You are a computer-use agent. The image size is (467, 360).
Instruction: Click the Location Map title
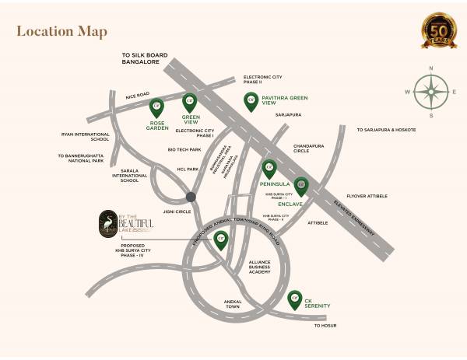click(61, 32)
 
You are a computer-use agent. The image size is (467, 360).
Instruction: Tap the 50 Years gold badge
click(438, 32)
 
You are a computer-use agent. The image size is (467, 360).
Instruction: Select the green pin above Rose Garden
click(156, 107)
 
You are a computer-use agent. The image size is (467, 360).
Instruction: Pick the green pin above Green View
click(189, 102)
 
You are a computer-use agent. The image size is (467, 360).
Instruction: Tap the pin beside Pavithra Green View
click(251, 100)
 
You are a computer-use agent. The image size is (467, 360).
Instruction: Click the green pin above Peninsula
click(269, 168)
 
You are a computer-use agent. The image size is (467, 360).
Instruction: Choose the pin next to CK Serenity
click(295, 298)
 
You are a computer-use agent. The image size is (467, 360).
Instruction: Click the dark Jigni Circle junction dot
click(191, 197)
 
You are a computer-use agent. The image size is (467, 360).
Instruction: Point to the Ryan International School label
click(86, 137)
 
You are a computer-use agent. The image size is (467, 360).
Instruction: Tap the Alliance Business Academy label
click(259, 267)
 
